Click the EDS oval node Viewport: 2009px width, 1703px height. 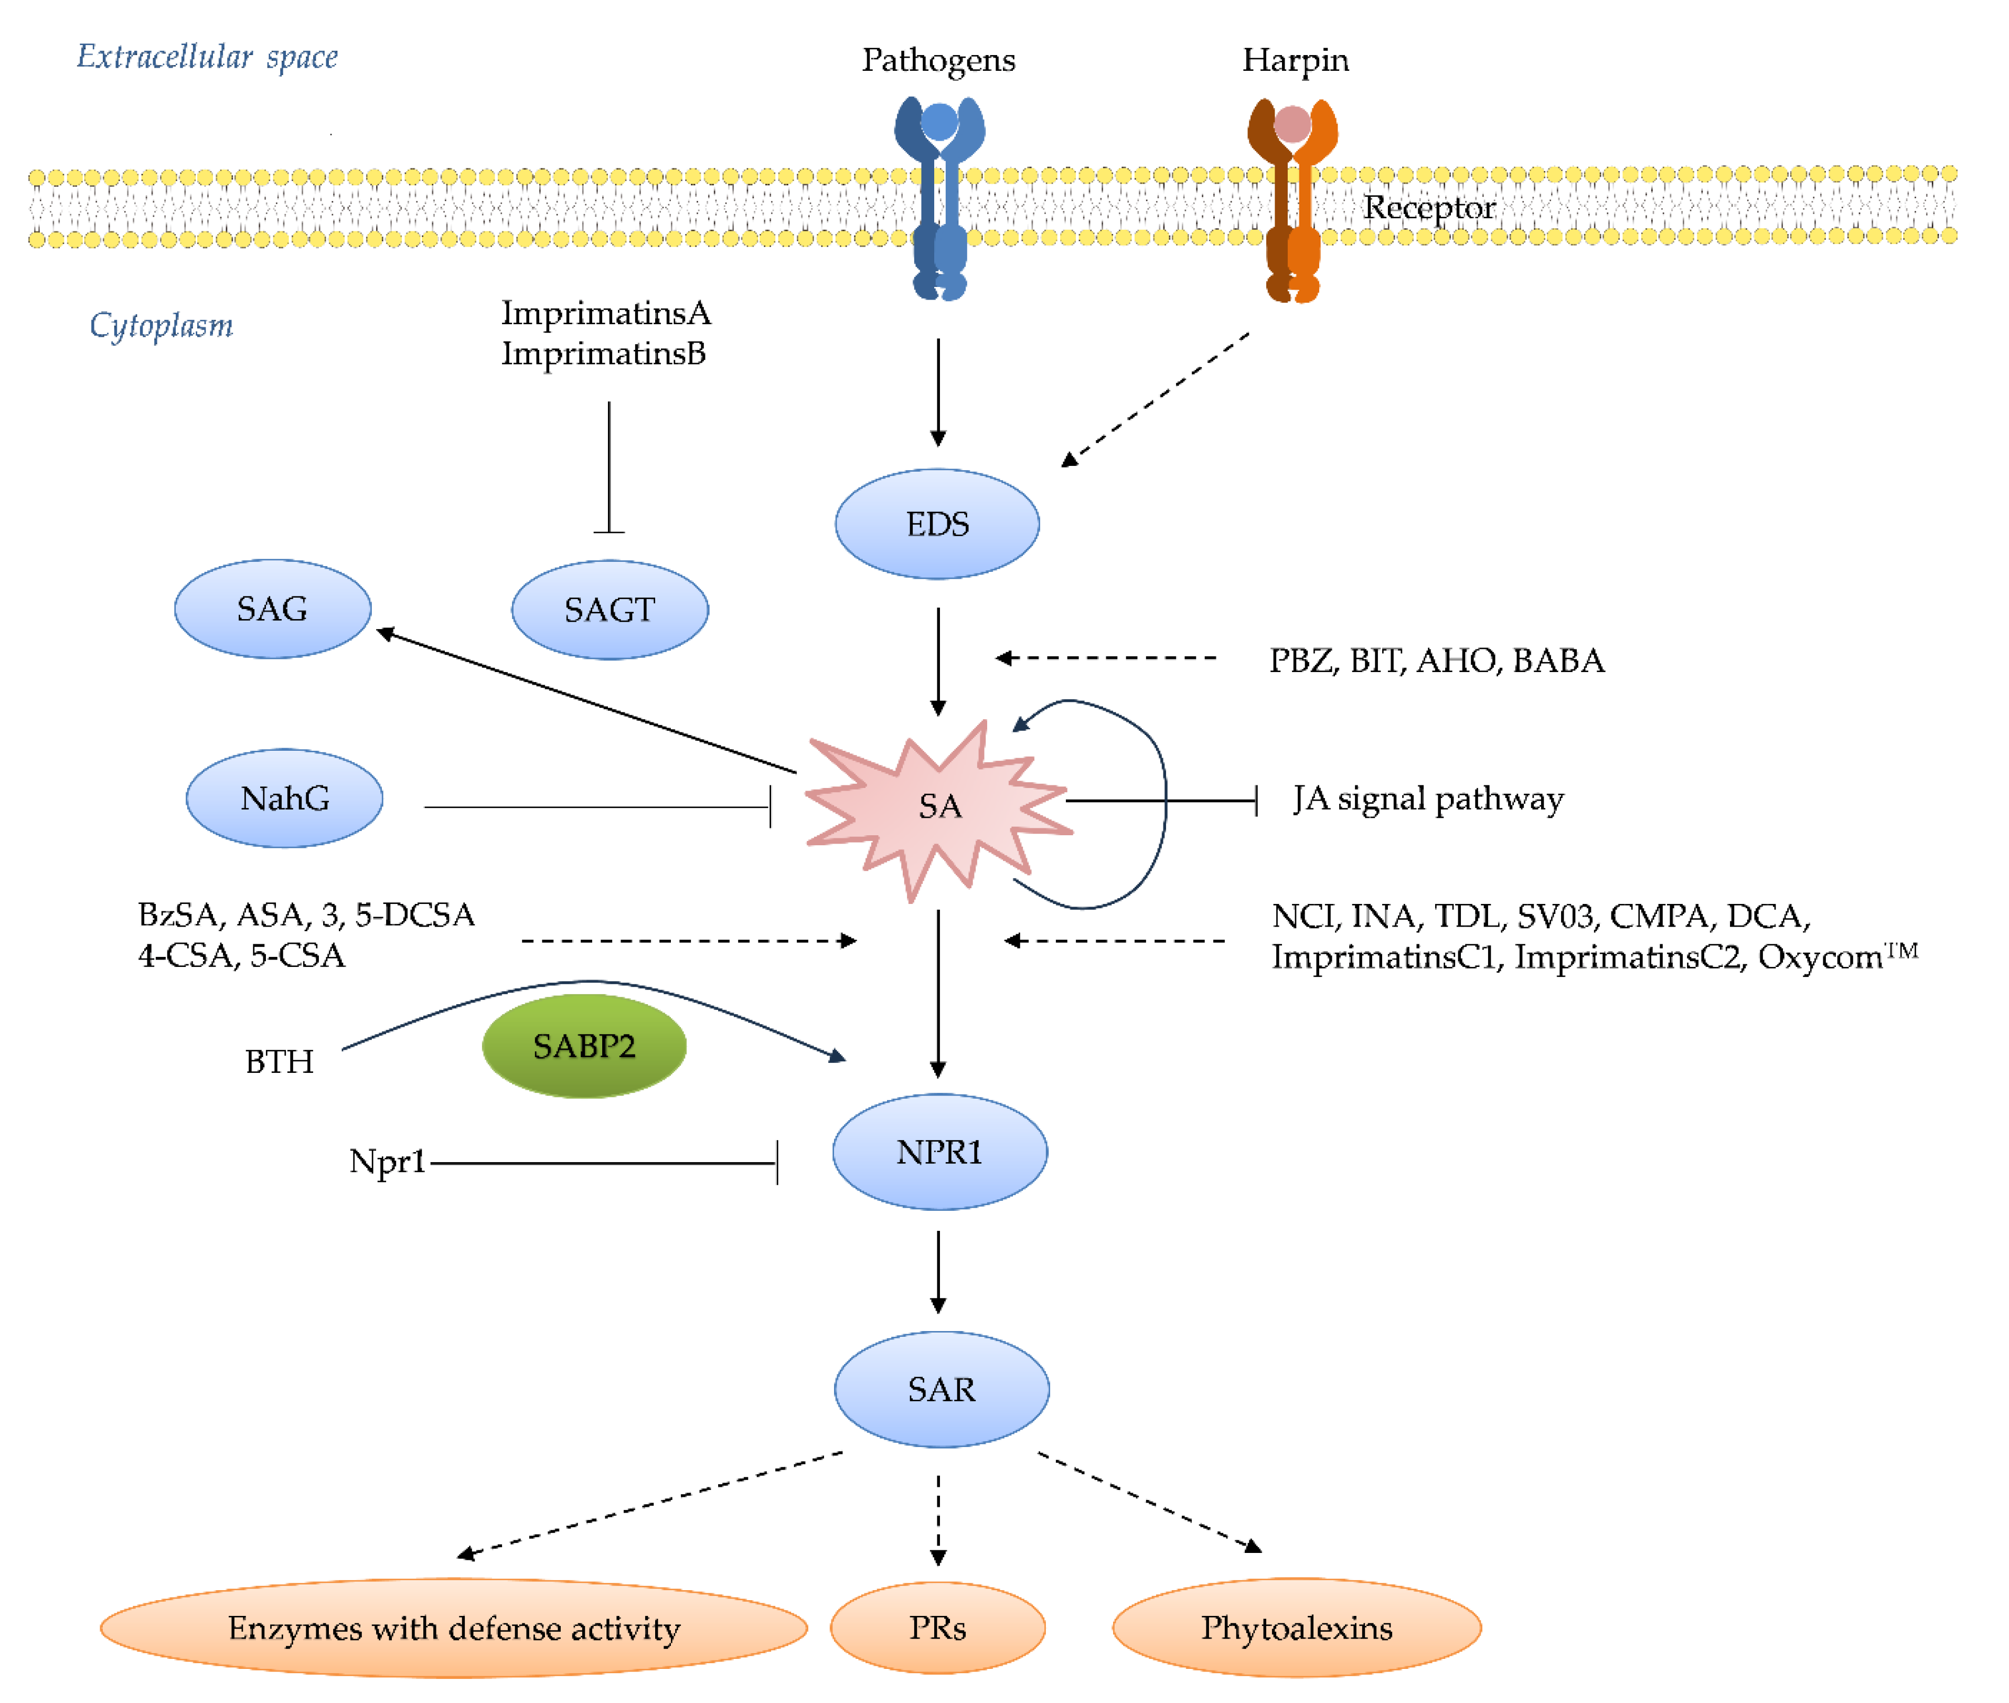tap(936, 524)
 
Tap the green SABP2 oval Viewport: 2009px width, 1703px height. tap(584, 1046)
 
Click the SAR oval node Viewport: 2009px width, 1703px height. tap(941, 1389)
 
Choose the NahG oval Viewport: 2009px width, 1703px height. tap(285, 799)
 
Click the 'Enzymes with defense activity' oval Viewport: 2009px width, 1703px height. tap(454, 1627)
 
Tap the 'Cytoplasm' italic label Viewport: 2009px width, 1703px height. tap(161, 325)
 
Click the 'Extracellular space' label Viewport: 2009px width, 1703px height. tap(208, 57)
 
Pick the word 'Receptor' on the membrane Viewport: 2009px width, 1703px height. tap(1429, 208)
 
